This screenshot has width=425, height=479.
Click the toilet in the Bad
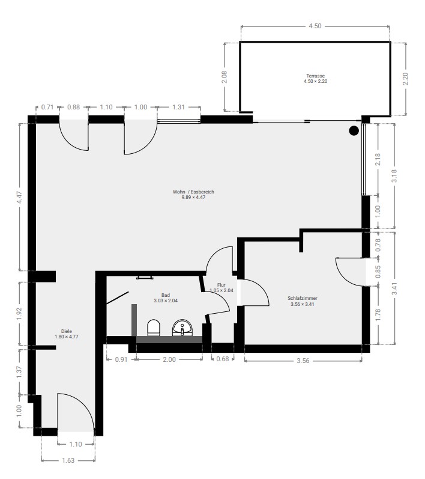pos(154,328)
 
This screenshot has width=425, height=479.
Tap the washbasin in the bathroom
pos(182,328)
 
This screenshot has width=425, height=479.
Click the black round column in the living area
pos(354,131)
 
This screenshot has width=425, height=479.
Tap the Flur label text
pos(221,285)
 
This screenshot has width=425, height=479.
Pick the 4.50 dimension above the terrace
pos(315,26)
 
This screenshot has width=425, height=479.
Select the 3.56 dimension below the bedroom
pos(303,361)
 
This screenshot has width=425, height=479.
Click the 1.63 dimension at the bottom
pos(68,460)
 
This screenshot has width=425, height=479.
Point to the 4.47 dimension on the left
pos(19,197)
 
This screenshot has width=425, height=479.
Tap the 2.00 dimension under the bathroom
pos(169,359)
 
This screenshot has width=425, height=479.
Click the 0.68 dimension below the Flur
pos(223,359)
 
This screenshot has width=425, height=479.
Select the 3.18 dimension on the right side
pos(394,175)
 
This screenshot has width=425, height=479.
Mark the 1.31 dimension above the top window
pos(178,107)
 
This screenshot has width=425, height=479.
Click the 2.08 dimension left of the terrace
pos(225,77)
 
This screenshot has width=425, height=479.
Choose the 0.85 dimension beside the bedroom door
pos(378,272)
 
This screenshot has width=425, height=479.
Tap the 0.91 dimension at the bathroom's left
pos(121,359)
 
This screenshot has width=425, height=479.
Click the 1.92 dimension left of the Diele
pos(19,314)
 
